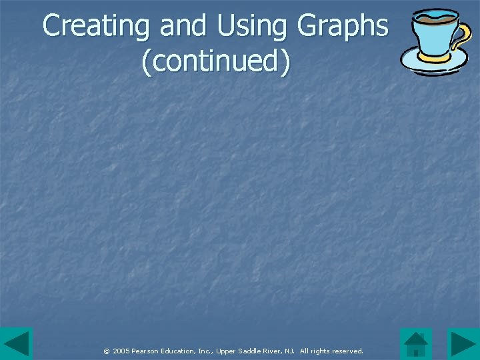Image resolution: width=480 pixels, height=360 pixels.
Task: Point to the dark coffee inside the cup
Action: click(x=435, y=16)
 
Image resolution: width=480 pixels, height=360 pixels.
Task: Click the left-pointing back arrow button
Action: click(x=16, y=344)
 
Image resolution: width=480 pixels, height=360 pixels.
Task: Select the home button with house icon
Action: click(x=416, y=344)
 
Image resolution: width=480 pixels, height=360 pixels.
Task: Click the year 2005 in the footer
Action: click(x=121, y=351)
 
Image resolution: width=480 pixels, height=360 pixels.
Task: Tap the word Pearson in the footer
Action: click(x=147, y=351)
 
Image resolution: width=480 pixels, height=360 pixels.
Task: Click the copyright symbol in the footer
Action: click(x=106, y=351)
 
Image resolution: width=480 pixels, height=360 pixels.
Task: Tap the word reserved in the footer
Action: click(x=347, y=351)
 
